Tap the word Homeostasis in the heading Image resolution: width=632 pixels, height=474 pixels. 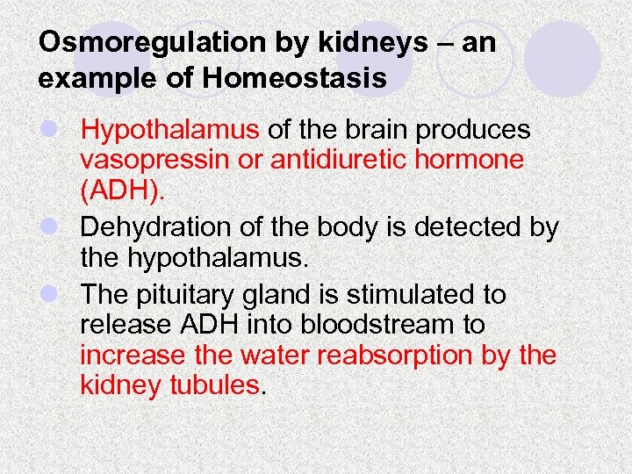(x=295, y=78)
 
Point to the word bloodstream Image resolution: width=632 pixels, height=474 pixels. (x=392, y=325)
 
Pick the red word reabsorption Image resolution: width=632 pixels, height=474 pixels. (x=413, y=355)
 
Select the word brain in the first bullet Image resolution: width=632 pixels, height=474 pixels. (x=372, y=131)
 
